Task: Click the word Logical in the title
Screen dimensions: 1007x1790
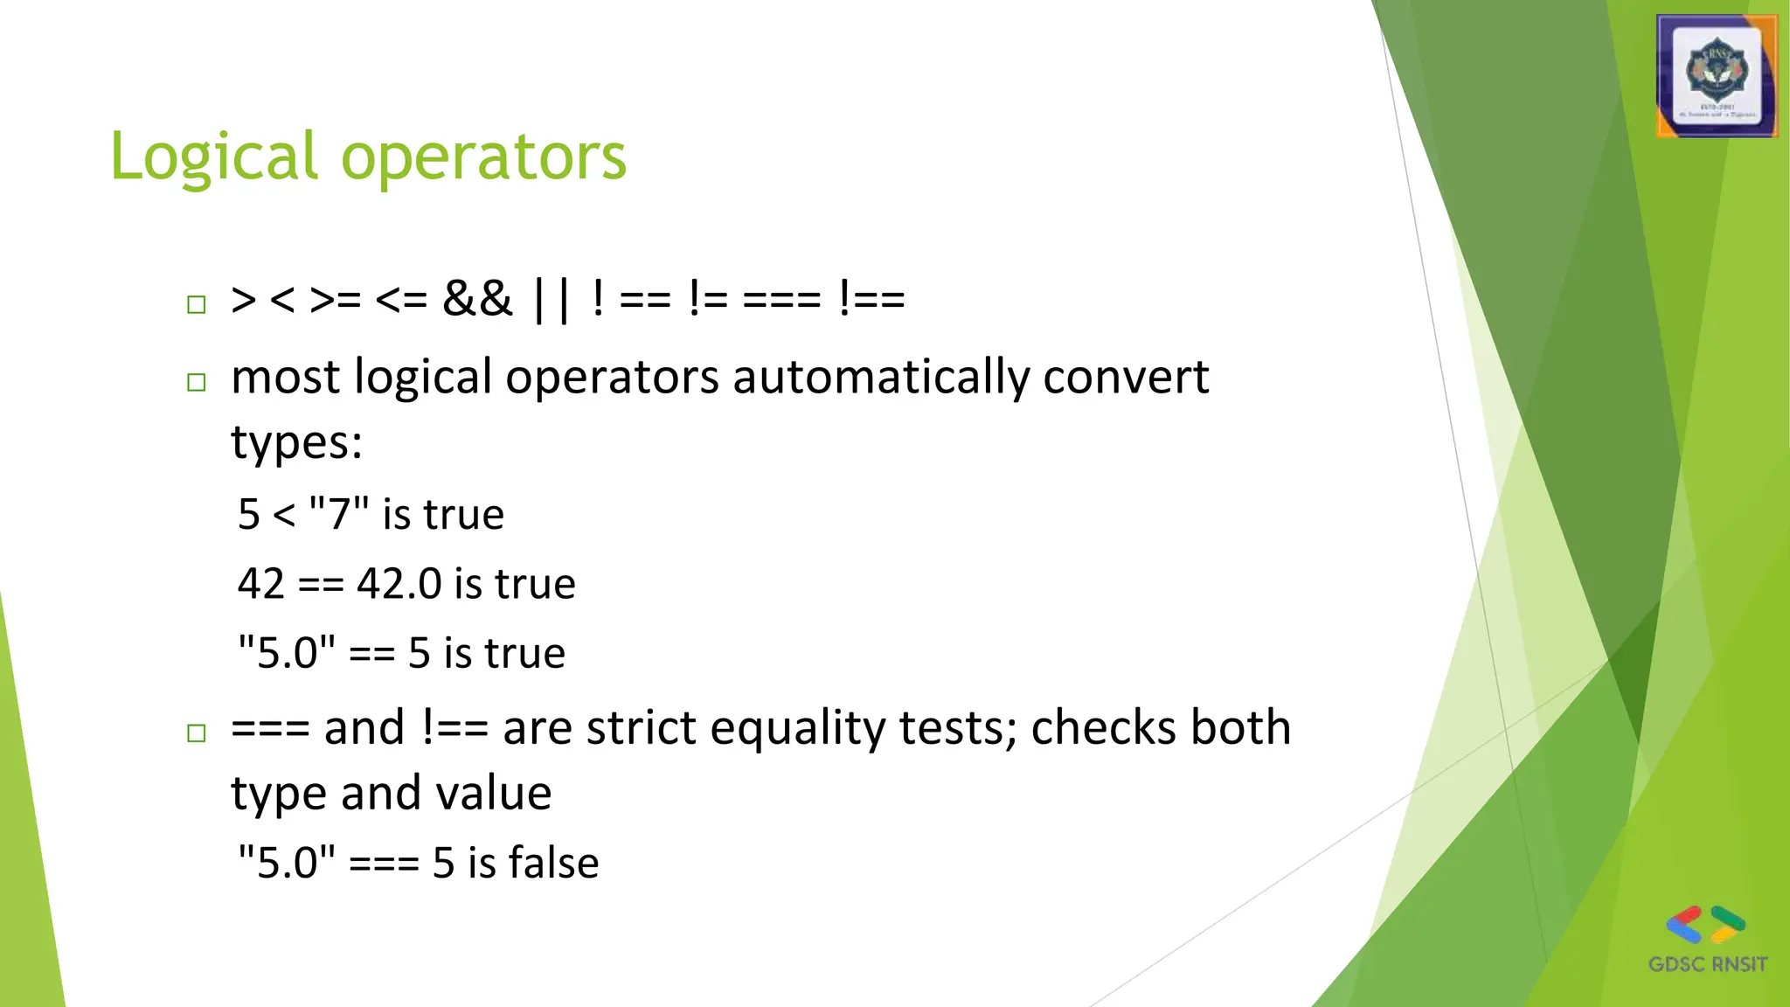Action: click(213, 157)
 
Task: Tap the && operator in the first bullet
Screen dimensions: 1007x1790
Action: click(477, 299)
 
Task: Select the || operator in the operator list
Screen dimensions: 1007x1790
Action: click(552, 299)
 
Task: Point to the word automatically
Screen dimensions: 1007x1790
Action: click(881, 378)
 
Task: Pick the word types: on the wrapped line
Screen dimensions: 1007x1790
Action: click(296, 442)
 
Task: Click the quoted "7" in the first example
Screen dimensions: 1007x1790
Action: click(339, 514)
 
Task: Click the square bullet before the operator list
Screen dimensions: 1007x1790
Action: click(197, 304)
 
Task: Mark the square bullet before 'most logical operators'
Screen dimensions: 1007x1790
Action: click(197, 382)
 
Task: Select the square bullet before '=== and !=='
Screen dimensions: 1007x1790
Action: click(197, 733)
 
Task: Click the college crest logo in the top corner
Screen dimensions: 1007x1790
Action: click(1717, 76)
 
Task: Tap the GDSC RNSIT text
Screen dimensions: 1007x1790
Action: click(1707, 965)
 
